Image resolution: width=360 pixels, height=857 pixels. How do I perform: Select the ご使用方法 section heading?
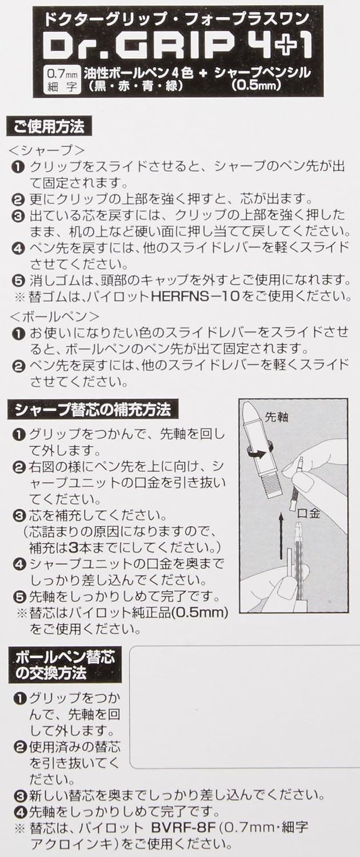click(49, 126)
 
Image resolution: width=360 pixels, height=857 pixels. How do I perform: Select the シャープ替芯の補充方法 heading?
click(93, 410)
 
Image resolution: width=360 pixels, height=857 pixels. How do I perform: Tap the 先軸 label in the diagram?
click(276, 417)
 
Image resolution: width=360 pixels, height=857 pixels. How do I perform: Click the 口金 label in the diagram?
click(309, 513)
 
